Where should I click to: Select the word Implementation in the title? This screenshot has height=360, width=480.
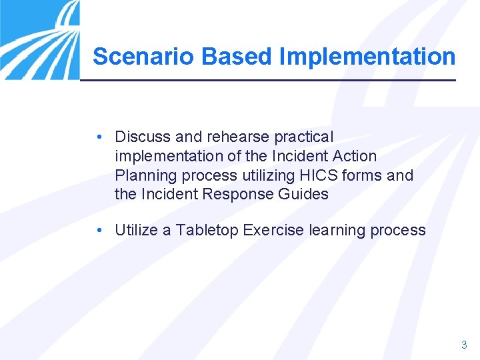(x=367, y=57)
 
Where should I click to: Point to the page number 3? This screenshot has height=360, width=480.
(x=464, y=345)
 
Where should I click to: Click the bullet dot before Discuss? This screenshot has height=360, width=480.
(x=98, y=137)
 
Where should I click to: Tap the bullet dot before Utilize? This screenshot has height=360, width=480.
(x=98, y=231)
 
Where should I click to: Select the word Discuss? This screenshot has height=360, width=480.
(x=143, y=137)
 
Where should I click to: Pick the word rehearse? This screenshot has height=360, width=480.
(x=235, y=137)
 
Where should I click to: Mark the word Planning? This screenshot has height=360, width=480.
(x=143, y=176)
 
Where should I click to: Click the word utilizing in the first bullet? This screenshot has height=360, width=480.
(x=266, y=176)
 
